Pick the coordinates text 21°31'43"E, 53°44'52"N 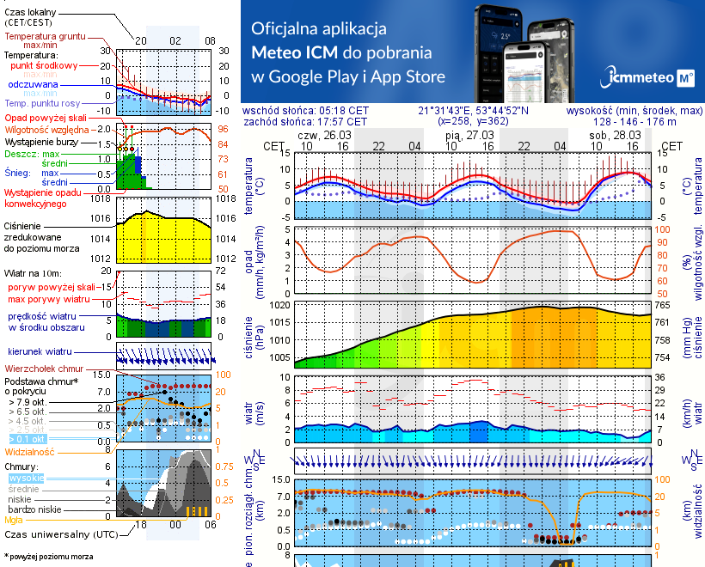tap(473, 111)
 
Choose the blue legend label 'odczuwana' tap(33, 85)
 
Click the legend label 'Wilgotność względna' tap(46, 127)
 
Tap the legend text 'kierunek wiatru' tap(39, 352)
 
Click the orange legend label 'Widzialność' tap(30, 451)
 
